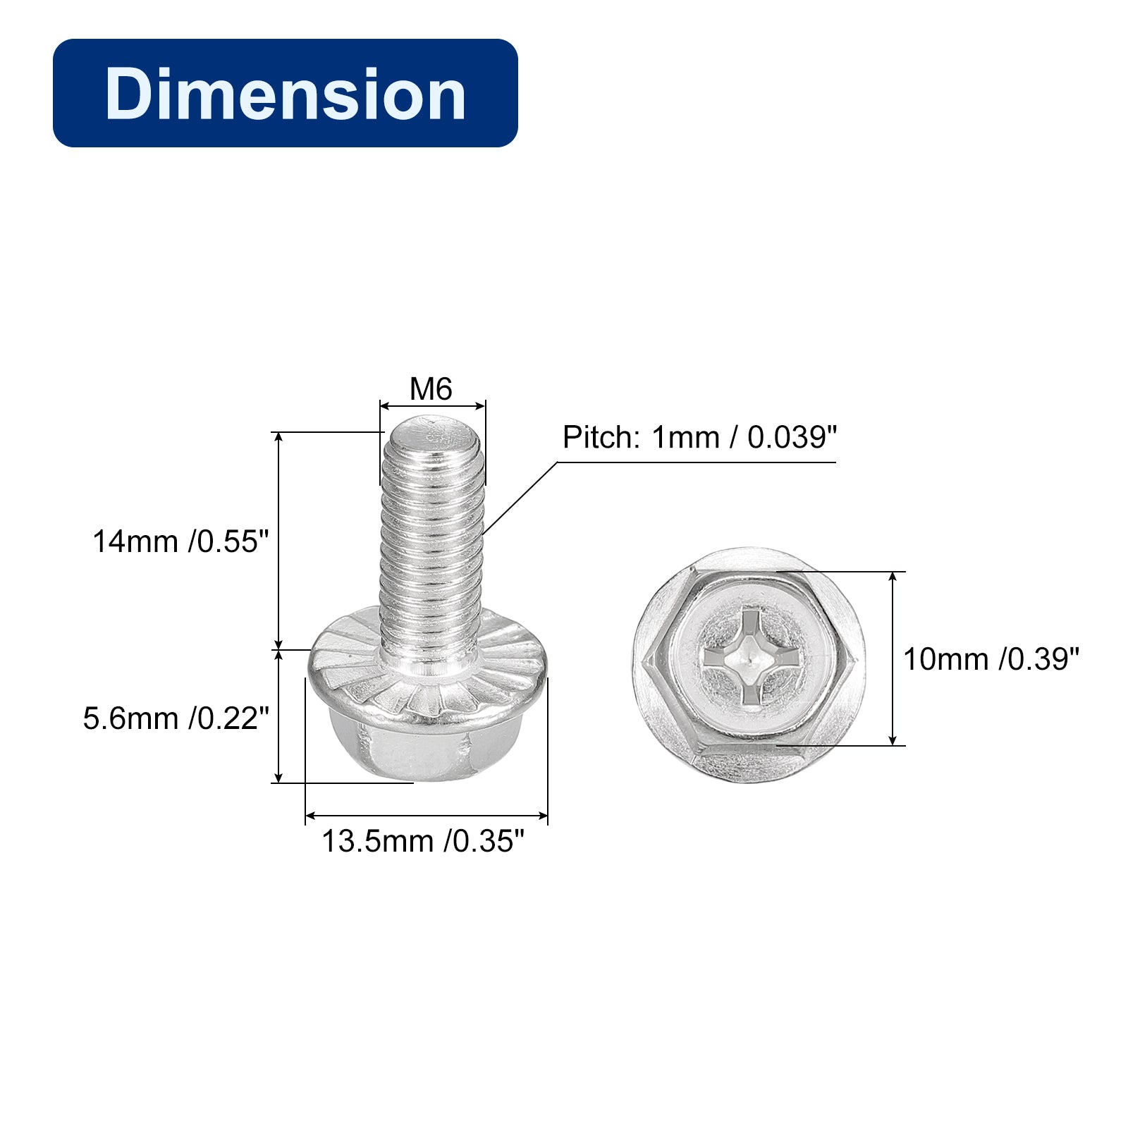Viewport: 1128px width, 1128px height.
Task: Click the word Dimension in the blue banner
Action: click(286, 94)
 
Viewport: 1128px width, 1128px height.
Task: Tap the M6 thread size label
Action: click(431, 389)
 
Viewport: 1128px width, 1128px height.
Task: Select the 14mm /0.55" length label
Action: click(181, 541)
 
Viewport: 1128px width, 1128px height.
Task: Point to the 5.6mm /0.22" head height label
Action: click(176, 718)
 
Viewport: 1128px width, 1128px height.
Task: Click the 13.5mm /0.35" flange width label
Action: click(423, 841)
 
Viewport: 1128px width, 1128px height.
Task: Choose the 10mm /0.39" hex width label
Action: click(991, 659)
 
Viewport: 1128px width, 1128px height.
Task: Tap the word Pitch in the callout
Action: click(601, 437)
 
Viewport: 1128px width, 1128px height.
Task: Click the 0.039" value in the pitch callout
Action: click(792, 437)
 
